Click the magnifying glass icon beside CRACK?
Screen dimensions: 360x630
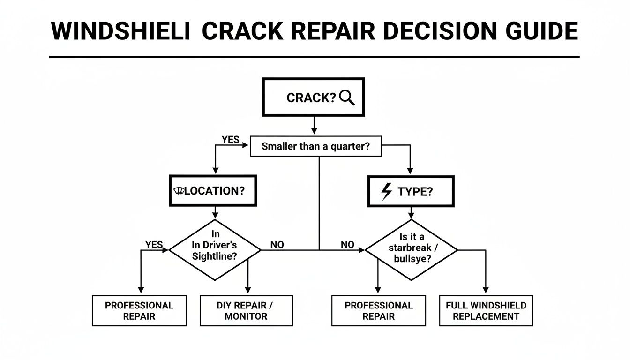click(347, 97)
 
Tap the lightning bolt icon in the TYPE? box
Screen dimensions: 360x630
click(387, 191)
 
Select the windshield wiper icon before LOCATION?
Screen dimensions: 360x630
click(179, 191)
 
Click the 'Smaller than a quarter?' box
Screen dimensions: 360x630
click(315, 146)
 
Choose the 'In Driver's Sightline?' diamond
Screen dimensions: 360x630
click(215, 250)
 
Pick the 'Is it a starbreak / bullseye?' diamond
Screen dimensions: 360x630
click(411, 250)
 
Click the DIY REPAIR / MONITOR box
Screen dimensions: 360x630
click(246, 311)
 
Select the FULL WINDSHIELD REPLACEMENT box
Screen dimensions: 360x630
click(486, 311)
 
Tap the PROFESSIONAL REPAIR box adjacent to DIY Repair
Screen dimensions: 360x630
click(139, 311)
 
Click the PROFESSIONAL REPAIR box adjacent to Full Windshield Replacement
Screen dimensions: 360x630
click(378, 311)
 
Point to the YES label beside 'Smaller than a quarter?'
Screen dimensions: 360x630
click(230, 140)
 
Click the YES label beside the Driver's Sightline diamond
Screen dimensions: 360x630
click(154, 245)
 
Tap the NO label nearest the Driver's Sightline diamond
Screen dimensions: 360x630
click(277, 245)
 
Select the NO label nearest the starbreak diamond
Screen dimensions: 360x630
click(347, 245)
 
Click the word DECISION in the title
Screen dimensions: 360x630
click(435, 31)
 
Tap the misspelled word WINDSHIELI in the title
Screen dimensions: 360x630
click(120, 31)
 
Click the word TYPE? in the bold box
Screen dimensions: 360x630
click(415, 191)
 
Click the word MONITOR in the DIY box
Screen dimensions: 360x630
click(246, 316)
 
